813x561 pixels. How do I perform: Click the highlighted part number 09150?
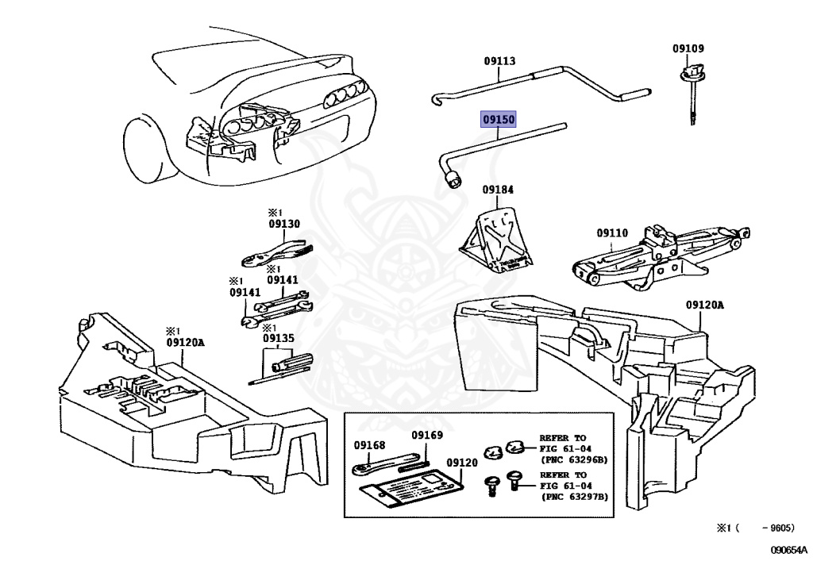(x=499, y=120)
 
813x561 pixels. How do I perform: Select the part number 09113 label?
(x=500, y=61)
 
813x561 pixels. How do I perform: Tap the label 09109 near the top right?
(x=688, y=49)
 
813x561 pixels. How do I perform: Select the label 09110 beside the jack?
(x=612, y=233)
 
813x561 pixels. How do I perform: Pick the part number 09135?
(x=278, y=339)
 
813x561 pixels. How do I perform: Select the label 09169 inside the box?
(x=427, y=435)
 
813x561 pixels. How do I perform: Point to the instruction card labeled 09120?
(x=413, y=486)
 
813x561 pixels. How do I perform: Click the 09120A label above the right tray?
(x=704, y=304)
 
